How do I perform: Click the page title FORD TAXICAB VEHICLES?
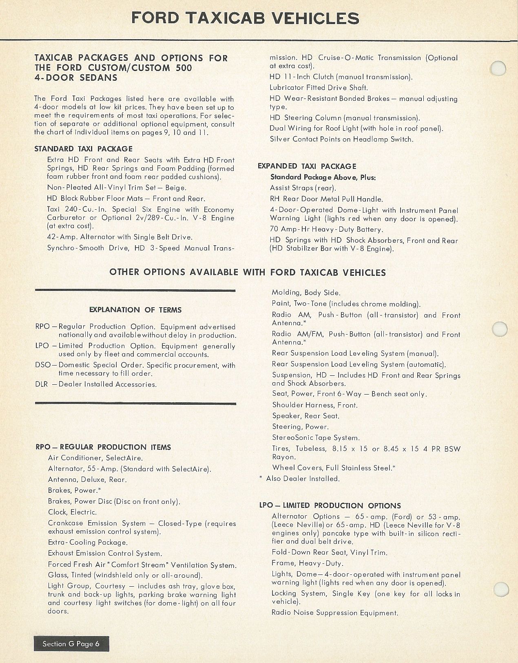[x=246, y=18]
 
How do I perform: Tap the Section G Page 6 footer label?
[x=71, y=643]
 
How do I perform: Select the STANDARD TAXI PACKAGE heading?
[x=84, y=149]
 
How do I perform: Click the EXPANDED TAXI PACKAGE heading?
[x=307, y=166]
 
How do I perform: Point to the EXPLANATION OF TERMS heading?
[x=135, y=310]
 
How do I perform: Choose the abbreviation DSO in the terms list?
[x=42, y=365]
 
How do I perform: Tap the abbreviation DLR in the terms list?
[x=42, y=384]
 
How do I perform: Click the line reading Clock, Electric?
[x=72, y=512]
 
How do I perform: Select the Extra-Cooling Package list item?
[x=88, y=542]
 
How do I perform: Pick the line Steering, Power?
[x=300, y=427]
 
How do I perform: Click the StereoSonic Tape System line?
[x=316, y=438]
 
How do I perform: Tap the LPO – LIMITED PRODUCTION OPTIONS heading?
[x=330, y=506]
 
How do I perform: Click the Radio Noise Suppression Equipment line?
[x=334, y=612]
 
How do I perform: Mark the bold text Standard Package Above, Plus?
[x=323, y=177]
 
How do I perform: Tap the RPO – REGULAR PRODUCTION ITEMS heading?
[x=103, y=447]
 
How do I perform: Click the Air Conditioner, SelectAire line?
[x=95, y=458]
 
